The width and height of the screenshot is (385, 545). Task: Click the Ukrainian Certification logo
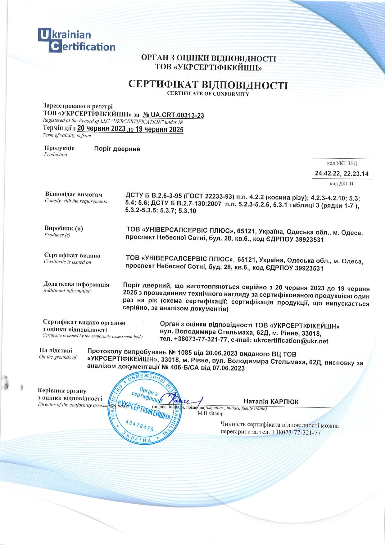click(x=76, y=40)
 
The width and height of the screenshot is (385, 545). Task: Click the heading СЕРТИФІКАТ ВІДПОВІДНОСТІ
click(x=208, y=85)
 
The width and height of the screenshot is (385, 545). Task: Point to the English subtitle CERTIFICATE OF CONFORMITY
click(x=208, y=94)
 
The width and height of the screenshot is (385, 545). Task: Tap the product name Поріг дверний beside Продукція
click(x=117, y=149)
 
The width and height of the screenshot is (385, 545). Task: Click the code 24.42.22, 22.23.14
click(x=342, y=174)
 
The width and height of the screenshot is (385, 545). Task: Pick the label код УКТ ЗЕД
click(x=342, y=163)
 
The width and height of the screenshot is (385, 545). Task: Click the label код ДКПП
click(x=342, y=184)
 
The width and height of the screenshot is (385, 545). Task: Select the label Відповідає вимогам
click(x=74, y=195)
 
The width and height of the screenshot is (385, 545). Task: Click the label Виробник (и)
click(x=64, y=229)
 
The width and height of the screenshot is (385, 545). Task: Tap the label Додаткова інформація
click(x=76, y=284)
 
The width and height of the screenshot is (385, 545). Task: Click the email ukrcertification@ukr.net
click(x=291, y=341)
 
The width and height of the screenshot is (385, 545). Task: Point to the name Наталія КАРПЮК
click(x=271, y=402)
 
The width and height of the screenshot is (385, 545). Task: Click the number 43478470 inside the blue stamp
click(x=140, y=425)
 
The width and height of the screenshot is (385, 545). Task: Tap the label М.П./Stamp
click(x=210, y=413)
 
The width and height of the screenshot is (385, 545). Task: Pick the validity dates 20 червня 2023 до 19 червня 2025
click(x=130, y=129)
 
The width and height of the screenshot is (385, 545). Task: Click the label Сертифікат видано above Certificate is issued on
click(x=72, y=256)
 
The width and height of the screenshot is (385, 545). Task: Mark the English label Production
click(x=56, y=155)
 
